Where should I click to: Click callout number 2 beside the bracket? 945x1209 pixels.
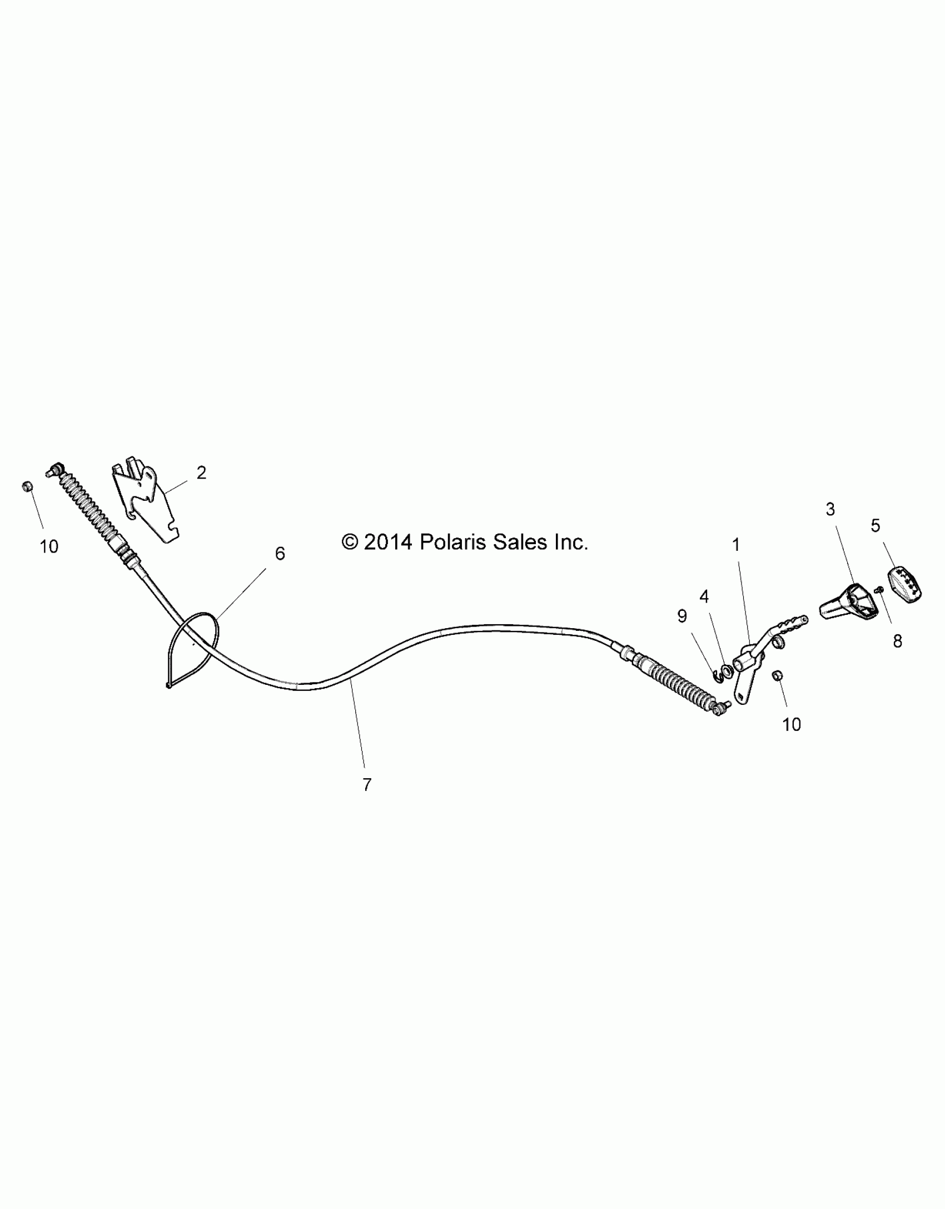click(201, 472)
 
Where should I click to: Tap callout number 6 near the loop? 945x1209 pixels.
click(280, 554)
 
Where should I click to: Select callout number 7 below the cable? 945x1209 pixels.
click(367, 785)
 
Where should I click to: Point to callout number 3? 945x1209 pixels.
click(830, 509)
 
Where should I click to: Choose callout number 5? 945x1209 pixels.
click(876, 526)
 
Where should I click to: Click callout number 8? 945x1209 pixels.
click(897, 641)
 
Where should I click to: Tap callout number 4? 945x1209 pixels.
click(704, 597)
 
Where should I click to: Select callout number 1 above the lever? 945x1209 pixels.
click(736, 545)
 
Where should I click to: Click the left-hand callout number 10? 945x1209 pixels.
click(49, 547)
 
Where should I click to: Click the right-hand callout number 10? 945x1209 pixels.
click(792, 725)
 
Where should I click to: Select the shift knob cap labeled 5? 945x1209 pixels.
click(904, 585)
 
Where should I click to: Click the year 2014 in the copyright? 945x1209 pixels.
click(388, 542)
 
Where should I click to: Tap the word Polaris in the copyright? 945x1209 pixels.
click(452, 542)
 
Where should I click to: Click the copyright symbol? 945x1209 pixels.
click(350, 542)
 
